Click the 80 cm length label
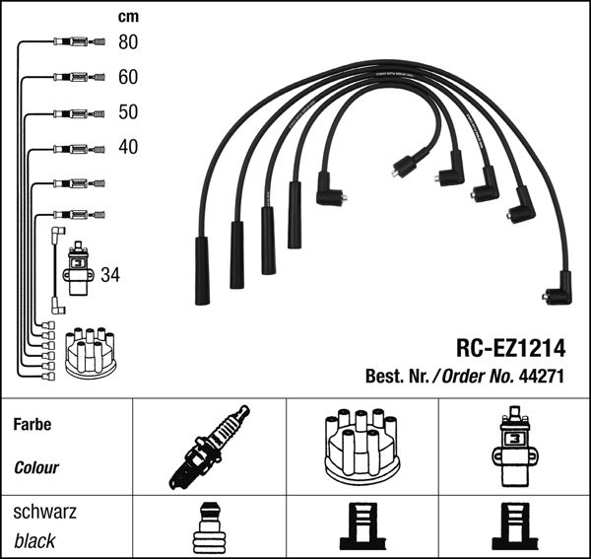coord(128,42)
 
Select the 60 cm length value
coord(128,77)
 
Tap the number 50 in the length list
coord(128,112)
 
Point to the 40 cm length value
coord(128,148)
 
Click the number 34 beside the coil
coord(110,275)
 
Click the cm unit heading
coord(127,17)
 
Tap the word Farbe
coord(32,425)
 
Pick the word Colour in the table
coord(36,468)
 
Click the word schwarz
coord(45,513)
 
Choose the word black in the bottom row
coord(34,541)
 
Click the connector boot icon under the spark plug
coord(209,527)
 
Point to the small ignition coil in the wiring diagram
coord(77,271)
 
